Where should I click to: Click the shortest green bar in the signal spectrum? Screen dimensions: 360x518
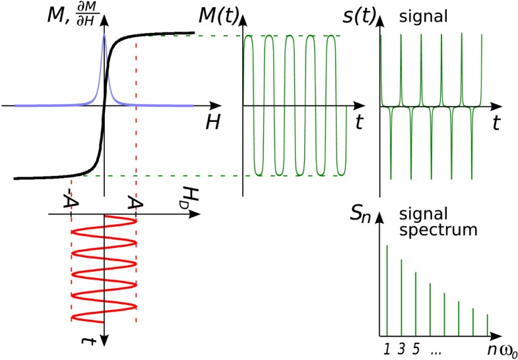point(488,324)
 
